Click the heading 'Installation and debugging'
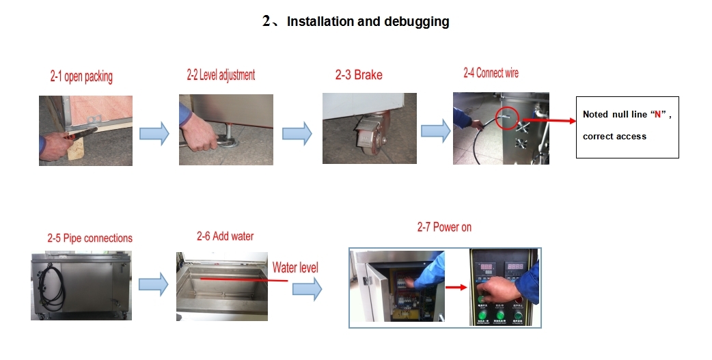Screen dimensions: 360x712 click(368, 21)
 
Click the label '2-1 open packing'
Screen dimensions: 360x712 click(81, 77)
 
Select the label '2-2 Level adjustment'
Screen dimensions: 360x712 click(221, 75)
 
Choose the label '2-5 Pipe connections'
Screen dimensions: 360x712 click(90, 238)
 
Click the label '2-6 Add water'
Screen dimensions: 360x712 click(225, 236)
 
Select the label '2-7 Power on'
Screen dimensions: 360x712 click(444, 227)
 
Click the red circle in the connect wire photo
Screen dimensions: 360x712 click(506, 117)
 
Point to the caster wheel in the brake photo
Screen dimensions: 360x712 click(370, 143)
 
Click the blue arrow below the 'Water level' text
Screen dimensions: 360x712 click(307, 289)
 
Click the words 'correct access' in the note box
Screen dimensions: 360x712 click(614, 137)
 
